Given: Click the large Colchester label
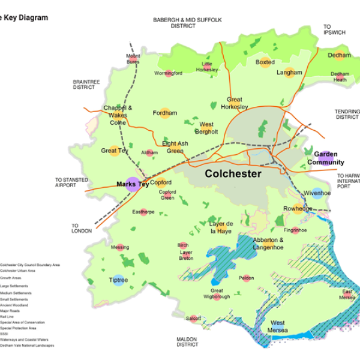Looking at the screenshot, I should point(233,174).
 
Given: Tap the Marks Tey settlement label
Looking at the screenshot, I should point(132,184).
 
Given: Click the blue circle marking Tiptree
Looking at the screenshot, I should point(118,280).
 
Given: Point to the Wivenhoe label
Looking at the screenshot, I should point(317,193).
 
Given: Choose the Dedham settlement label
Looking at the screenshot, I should point(339,55).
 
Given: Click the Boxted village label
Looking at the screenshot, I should point(265,62).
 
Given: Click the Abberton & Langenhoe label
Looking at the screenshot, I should point(252,243).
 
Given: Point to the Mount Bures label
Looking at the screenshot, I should point(133,59).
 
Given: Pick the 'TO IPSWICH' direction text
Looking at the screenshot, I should point(334,29).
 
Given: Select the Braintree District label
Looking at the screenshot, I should point(84,84).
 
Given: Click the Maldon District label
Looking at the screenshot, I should point(187,342).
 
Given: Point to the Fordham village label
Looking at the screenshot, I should point(165,113).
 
